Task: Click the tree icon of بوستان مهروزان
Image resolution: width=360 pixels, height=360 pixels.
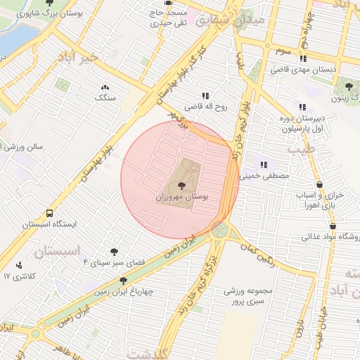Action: (183, 186)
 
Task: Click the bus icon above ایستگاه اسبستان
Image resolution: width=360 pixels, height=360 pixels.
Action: (49, 213)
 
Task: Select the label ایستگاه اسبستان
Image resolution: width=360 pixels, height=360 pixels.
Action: (49, 225)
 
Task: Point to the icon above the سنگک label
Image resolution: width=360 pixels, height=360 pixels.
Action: (105, 87)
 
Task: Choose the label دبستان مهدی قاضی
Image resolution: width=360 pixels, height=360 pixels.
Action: (305, 70)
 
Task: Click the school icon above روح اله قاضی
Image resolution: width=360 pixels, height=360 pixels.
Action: (206, 96)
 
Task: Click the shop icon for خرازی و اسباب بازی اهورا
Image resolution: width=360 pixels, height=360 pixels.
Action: (321, 184)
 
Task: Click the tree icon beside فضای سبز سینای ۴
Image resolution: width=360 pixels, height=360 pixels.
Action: (113, 252)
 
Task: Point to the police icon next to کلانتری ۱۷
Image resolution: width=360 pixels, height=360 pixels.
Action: (18, 266)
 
